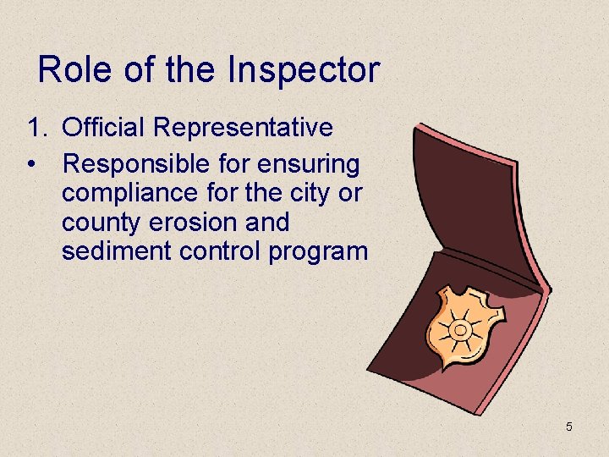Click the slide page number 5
[569, 427]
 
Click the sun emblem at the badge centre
[461, 329]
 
